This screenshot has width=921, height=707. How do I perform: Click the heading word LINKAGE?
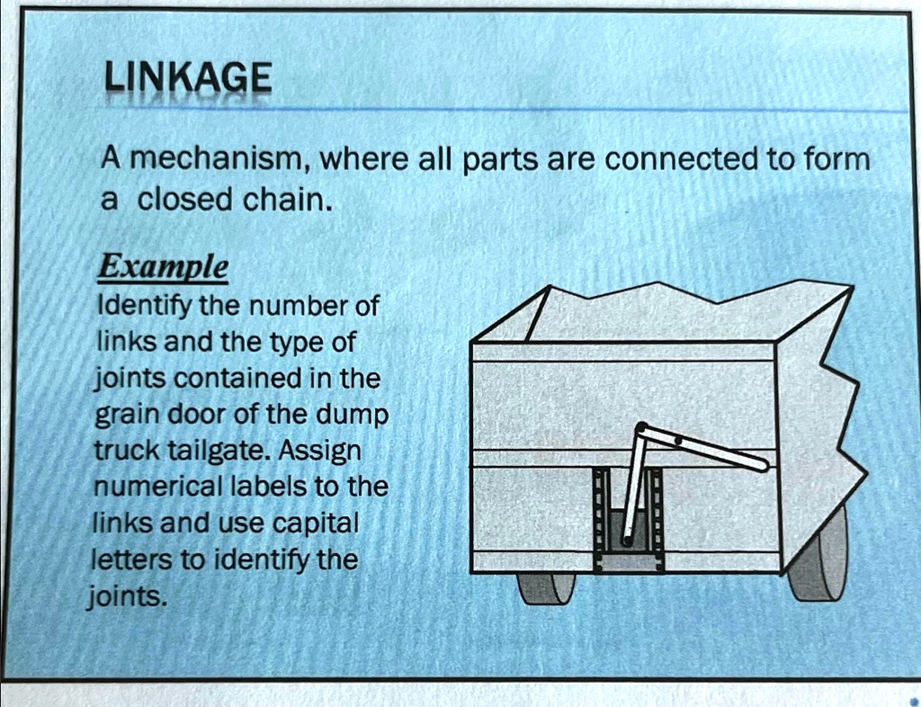186,80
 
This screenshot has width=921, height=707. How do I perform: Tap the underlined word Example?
163,267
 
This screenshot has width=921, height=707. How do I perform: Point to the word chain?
288,198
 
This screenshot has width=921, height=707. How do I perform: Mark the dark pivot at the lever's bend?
641,430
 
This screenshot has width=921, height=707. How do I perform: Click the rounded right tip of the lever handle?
761,466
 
